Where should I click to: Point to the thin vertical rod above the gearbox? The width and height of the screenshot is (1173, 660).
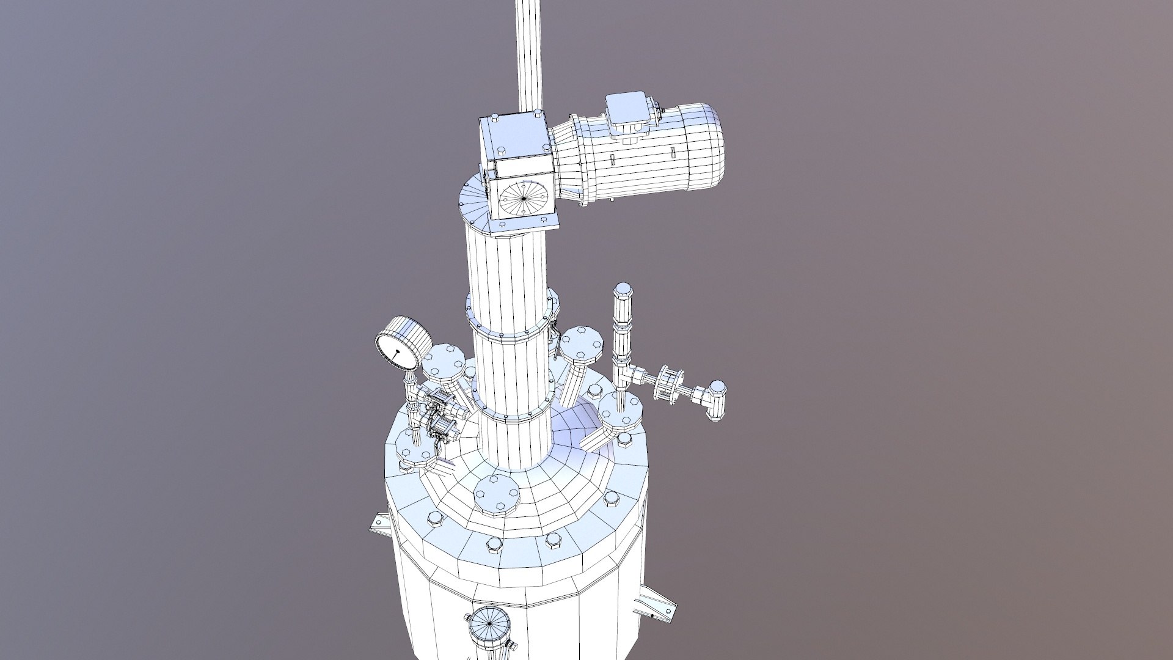click(530, 55)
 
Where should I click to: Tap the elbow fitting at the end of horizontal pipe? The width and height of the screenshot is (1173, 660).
click(715, 395)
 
